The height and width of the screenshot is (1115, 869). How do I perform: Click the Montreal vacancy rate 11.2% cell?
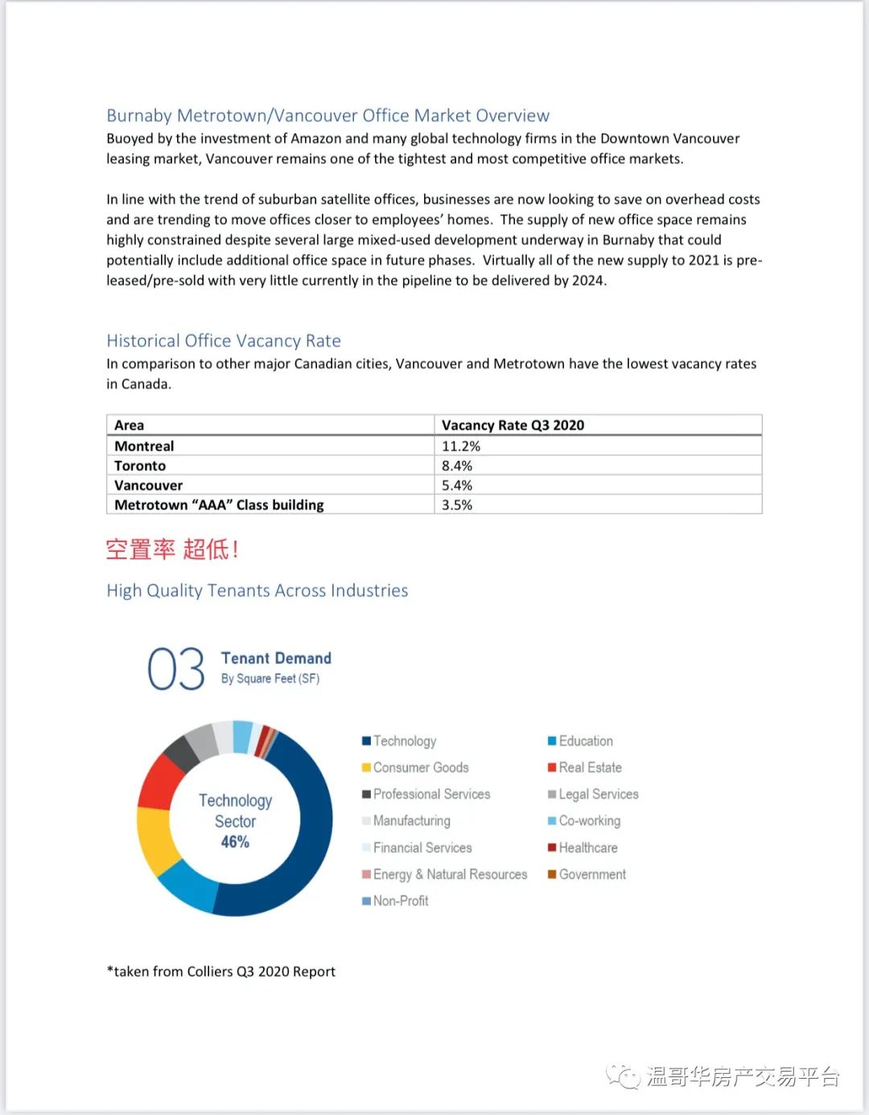(x=461, y=446)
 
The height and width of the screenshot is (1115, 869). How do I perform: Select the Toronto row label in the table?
(x=140, y=466)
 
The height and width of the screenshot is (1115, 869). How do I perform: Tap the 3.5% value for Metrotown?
(x=457, y=505)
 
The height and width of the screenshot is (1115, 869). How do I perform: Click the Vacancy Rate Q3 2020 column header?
(x=513, y=426)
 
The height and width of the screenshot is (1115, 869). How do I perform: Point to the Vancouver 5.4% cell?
(x=457, y=486)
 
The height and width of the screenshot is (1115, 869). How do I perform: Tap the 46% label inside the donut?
(x=235, y=842)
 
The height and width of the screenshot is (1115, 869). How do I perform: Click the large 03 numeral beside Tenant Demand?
(x=176, y=669)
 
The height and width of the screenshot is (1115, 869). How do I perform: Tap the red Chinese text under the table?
(x=172, y=549)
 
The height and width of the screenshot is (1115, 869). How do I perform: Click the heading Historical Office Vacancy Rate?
(x=224, y=341)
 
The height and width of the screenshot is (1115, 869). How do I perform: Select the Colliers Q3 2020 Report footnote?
(x=221, y=972)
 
